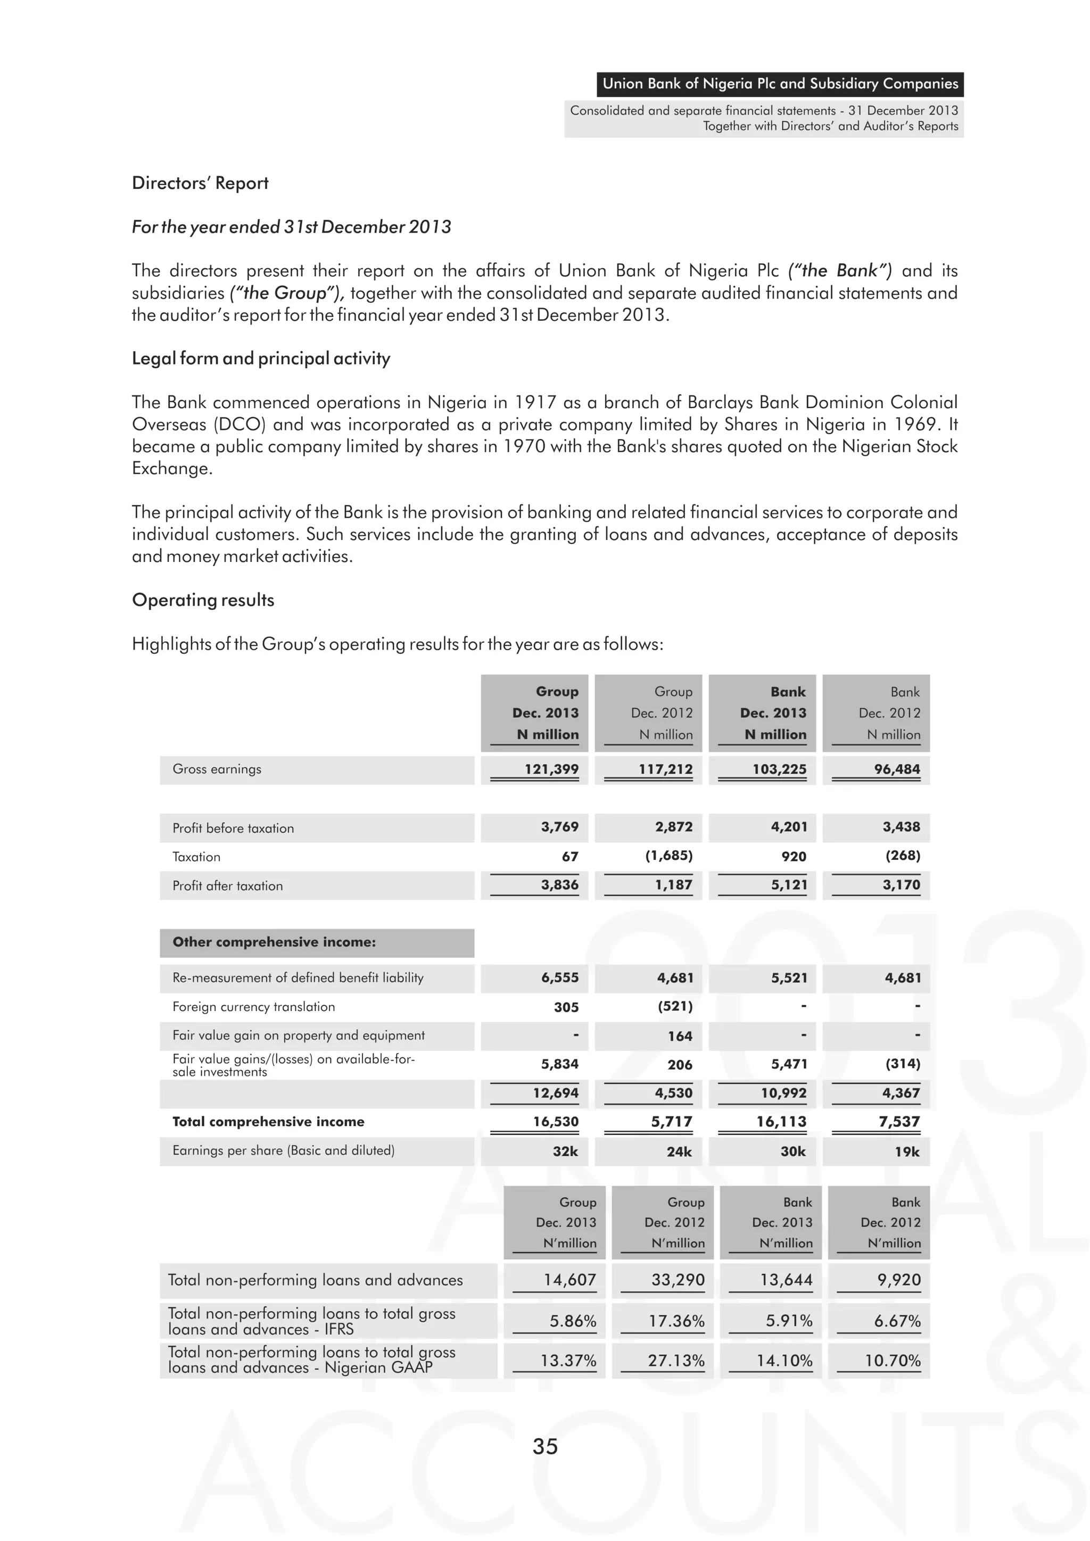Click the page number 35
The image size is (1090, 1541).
tap(544, 1446)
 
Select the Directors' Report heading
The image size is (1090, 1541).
tap(200, 183)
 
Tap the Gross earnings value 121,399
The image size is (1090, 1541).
tap(551, 769)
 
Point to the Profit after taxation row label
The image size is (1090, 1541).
tap(228, 886)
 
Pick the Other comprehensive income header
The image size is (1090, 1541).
tap(274, 942)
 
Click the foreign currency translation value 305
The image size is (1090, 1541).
tap(566, 1007)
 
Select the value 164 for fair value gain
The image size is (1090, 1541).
tap(679, 1036)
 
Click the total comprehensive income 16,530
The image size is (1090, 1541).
tap(555, 1122)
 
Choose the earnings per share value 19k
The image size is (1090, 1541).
tap(907, 1151)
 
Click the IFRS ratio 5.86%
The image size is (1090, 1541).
tap(573, 1321)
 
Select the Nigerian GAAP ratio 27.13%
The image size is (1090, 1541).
tap(676, 1361)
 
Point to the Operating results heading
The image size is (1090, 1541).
tap(203, 600)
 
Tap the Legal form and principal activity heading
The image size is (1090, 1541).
tap(260, 359)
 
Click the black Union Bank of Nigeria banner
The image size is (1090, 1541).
tap(779, 84)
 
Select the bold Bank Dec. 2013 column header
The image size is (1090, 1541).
tap(773, 713)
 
